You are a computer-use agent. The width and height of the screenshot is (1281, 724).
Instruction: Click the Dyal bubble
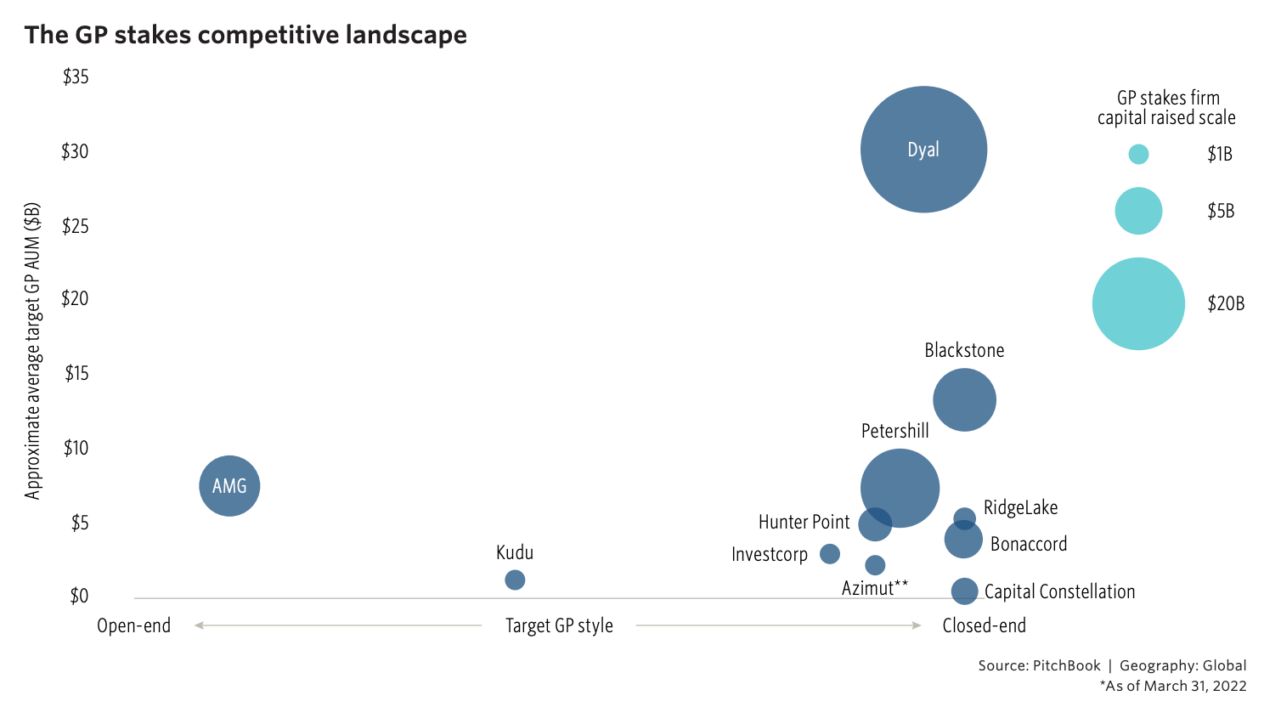point(923,150)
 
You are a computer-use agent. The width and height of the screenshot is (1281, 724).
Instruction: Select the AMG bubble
point(229,486)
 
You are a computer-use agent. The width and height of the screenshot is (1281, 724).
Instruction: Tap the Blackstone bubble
point(964,399)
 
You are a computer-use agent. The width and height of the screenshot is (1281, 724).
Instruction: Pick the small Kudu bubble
point(515,580)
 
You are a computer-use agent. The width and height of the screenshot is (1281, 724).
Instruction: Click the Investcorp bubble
point(830,554)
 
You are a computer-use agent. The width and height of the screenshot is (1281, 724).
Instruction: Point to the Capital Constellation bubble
point(964,591)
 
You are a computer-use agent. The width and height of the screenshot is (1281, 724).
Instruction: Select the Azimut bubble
point(875,565)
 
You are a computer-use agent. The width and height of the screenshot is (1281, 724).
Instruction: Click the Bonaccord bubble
point(963,540)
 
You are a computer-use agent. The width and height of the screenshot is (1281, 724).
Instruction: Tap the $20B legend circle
point(1138,303)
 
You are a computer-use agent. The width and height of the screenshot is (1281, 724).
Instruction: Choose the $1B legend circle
point(1138,154)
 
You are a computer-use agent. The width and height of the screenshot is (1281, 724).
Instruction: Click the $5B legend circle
point(1138,211)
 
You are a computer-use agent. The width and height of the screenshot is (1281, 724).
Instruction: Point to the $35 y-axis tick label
point(76,77)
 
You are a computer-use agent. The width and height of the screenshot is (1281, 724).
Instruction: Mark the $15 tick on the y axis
point(76,373)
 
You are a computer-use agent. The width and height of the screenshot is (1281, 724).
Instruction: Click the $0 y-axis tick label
point(78,597)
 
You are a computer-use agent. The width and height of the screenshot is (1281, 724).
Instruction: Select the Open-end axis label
point(133,626)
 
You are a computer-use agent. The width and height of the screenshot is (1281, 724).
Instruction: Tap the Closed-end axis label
point(984,626)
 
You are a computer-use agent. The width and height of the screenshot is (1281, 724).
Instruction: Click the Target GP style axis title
point(559,626)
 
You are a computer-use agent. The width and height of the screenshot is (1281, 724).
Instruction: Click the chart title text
point(245,35)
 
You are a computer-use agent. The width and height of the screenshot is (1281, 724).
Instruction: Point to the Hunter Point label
point(804,522)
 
